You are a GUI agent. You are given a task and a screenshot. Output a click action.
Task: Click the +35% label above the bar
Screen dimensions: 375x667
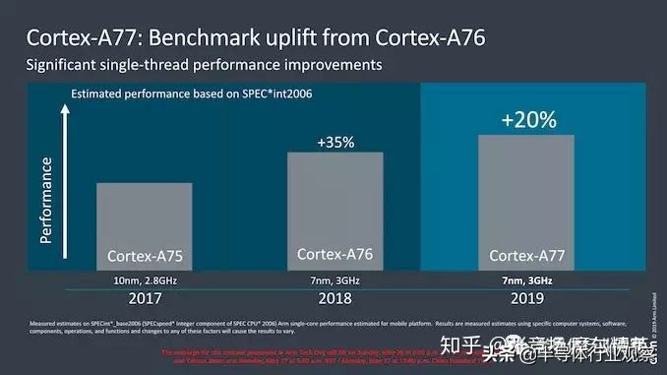click(x=335, y=142)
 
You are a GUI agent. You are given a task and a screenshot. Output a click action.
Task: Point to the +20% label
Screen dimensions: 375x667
click(x=528, y=120)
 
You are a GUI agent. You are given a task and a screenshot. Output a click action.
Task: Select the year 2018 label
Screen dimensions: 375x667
click(x=335, y=297)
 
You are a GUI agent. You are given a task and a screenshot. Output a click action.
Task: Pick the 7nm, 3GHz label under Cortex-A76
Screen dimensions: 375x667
click(x=335, y=281)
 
